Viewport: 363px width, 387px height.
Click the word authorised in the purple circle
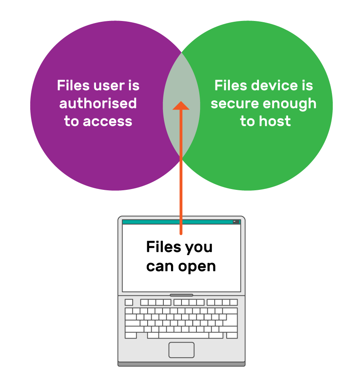pyautogui.click(x=98, y=104)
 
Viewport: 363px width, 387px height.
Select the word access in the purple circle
pyautogui.click(x=110, y=121)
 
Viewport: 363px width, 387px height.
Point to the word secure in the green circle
pyautogui.click(x=234, y=104)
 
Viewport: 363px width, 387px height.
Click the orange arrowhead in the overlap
pyautogui.click(x=181, y=105)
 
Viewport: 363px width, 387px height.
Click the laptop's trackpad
pyautogui.click(x=181, y=350)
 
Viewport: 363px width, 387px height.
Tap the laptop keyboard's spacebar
pyautogui.click(x=183, y=335)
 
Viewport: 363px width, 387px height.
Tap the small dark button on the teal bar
pyautogui.click(x=236, y=222)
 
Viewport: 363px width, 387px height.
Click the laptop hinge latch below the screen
pyautogui.click(x=181, y=295)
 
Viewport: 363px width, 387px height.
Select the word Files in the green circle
pyautogui.click(x=230, y=85)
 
